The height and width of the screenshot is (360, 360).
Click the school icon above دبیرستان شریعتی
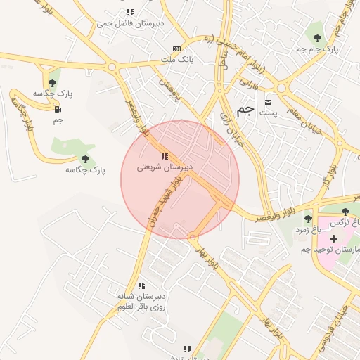164,156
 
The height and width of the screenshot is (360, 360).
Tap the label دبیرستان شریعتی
164,167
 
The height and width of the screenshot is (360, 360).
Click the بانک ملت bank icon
176,49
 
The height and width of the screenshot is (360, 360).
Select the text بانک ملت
176,60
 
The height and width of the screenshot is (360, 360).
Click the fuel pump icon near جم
57,109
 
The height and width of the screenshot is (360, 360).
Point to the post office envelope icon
267,103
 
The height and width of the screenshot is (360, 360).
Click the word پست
268,113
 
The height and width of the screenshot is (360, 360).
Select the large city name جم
245,110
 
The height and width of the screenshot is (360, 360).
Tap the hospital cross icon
333,239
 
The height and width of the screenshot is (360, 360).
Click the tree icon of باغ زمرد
308,219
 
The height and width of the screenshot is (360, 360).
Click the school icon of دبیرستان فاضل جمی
130,13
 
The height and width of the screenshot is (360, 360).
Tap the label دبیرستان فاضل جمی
130,23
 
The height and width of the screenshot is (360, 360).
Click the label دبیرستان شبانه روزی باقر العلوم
141,301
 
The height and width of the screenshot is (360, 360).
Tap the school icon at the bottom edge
187,348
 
